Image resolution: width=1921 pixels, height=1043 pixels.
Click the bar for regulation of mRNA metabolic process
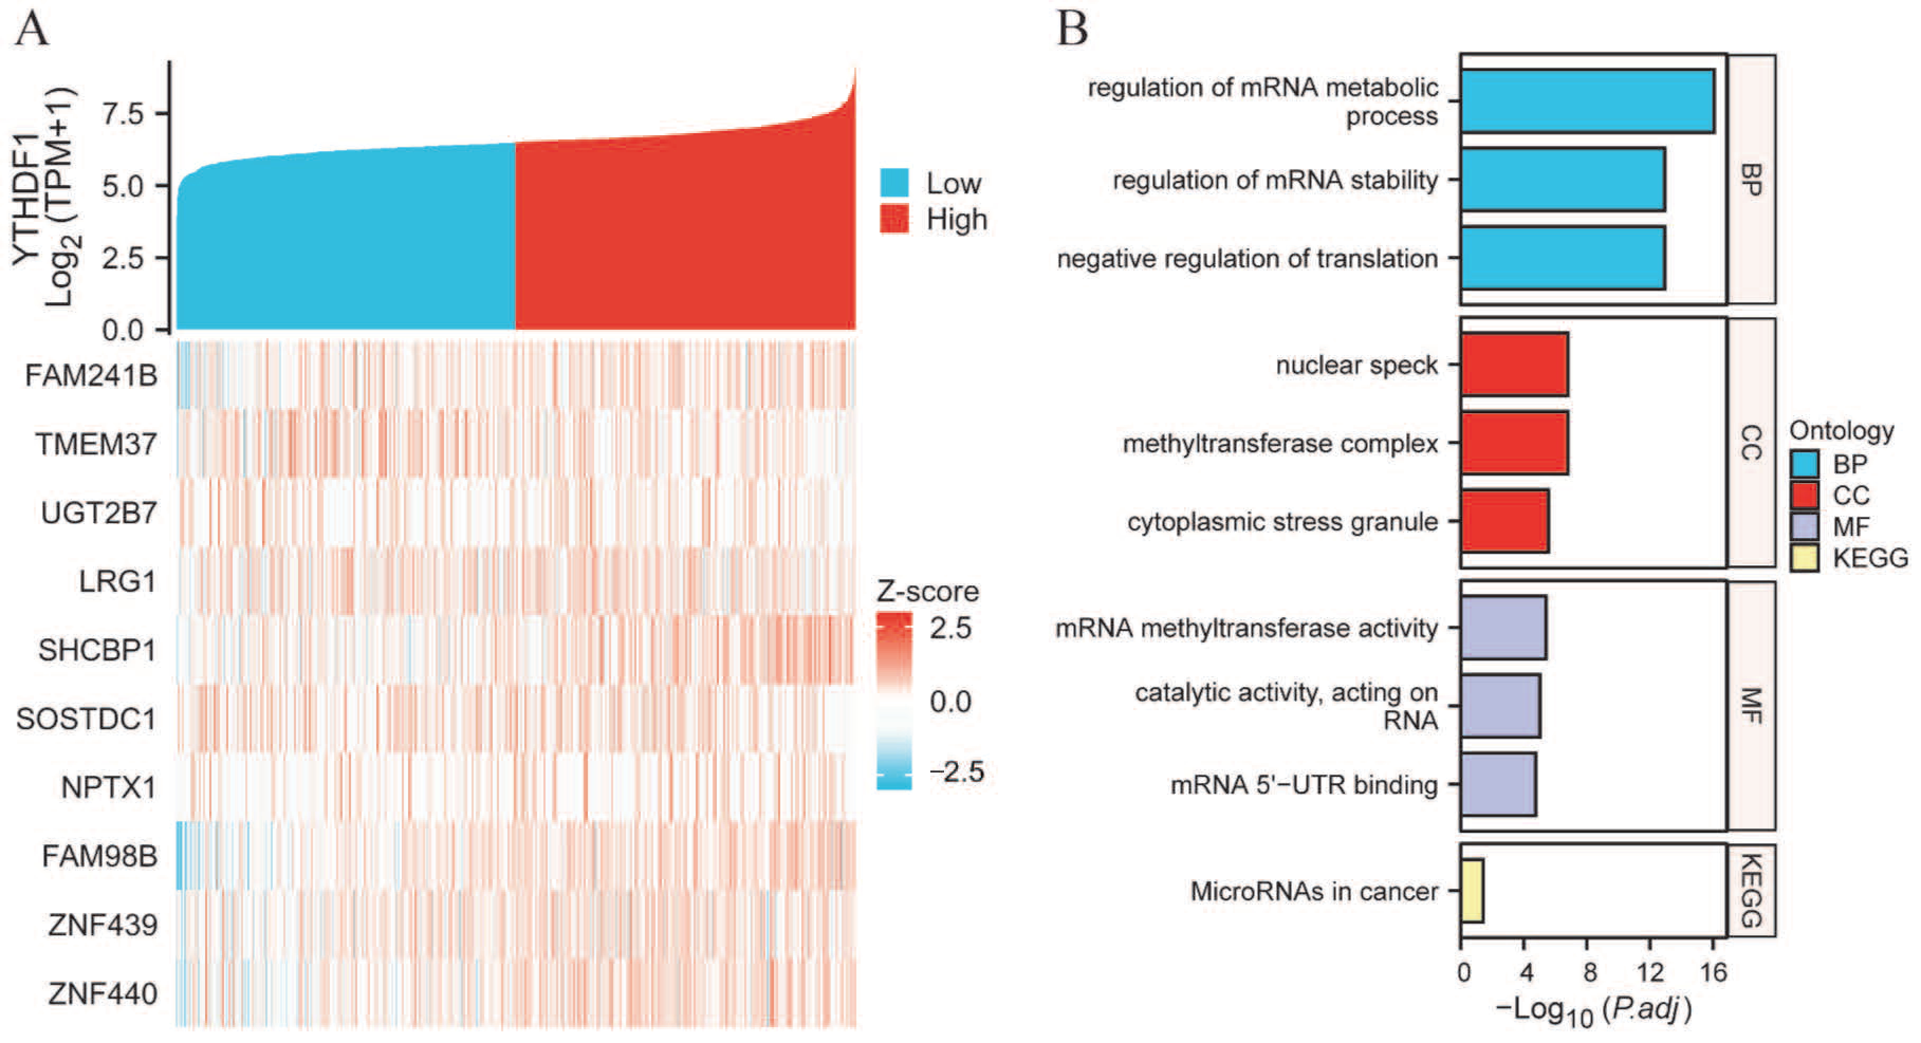[x=1586, y=101]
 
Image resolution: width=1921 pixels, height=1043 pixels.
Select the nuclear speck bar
[x=1514, y=365]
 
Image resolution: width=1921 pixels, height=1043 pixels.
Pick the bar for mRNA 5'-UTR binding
[x=1498, y=784]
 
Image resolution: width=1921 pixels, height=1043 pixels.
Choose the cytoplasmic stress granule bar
[x=1504, y=521]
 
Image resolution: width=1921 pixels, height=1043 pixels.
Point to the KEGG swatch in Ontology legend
[x=1804, y=557]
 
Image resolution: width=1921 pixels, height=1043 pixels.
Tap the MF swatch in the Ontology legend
[x=1804, y=526]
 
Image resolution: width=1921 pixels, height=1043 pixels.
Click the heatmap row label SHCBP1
[x=97, y=650]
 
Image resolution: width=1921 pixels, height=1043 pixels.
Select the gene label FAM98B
[x=99, y=856]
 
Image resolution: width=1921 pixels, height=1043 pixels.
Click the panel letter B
[x=1072, y=30]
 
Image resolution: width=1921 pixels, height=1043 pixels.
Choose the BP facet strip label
[x=1751, y=179]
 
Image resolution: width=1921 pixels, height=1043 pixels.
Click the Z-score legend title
[x=927, y=591]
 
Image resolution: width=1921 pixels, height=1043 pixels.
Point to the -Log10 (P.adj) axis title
[x=1594, y=1010]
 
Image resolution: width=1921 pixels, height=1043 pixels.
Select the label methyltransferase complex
[x=1280, y=444]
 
